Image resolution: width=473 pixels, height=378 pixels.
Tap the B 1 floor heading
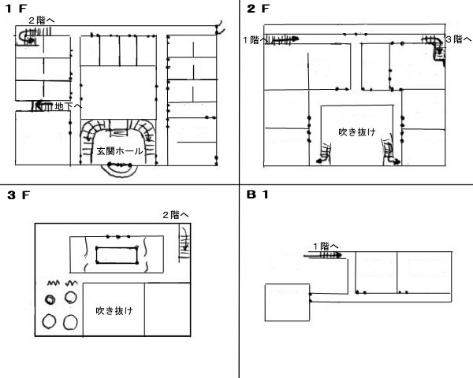point(257,195)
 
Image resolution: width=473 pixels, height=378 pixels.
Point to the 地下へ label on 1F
point(66,106)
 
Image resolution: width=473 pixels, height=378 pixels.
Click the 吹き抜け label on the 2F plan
point(354,132)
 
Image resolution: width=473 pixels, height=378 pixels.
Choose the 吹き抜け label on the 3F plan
point(114,310)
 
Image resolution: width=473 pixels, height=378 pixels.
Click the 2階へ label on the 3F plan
point(175,214)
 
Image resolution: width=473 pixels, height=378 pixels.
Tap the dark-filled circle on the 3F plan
point(50,298)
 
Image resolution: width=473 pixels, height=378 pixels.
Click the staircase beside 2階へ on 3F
point(184,239)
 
